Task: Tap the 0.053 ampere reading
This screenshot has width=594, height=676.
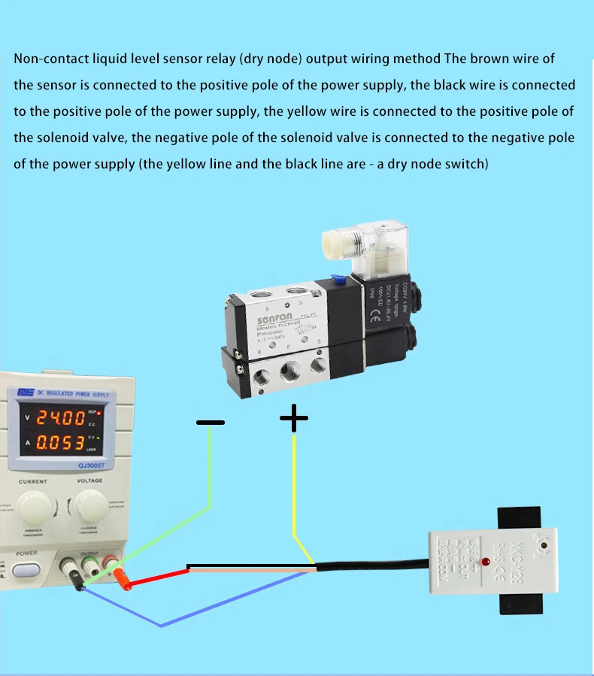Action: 62,443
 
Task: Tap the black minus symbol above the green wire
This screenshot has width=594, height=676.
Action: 210,423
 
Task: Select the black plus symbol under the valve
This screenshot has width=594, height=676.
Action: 293,418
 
